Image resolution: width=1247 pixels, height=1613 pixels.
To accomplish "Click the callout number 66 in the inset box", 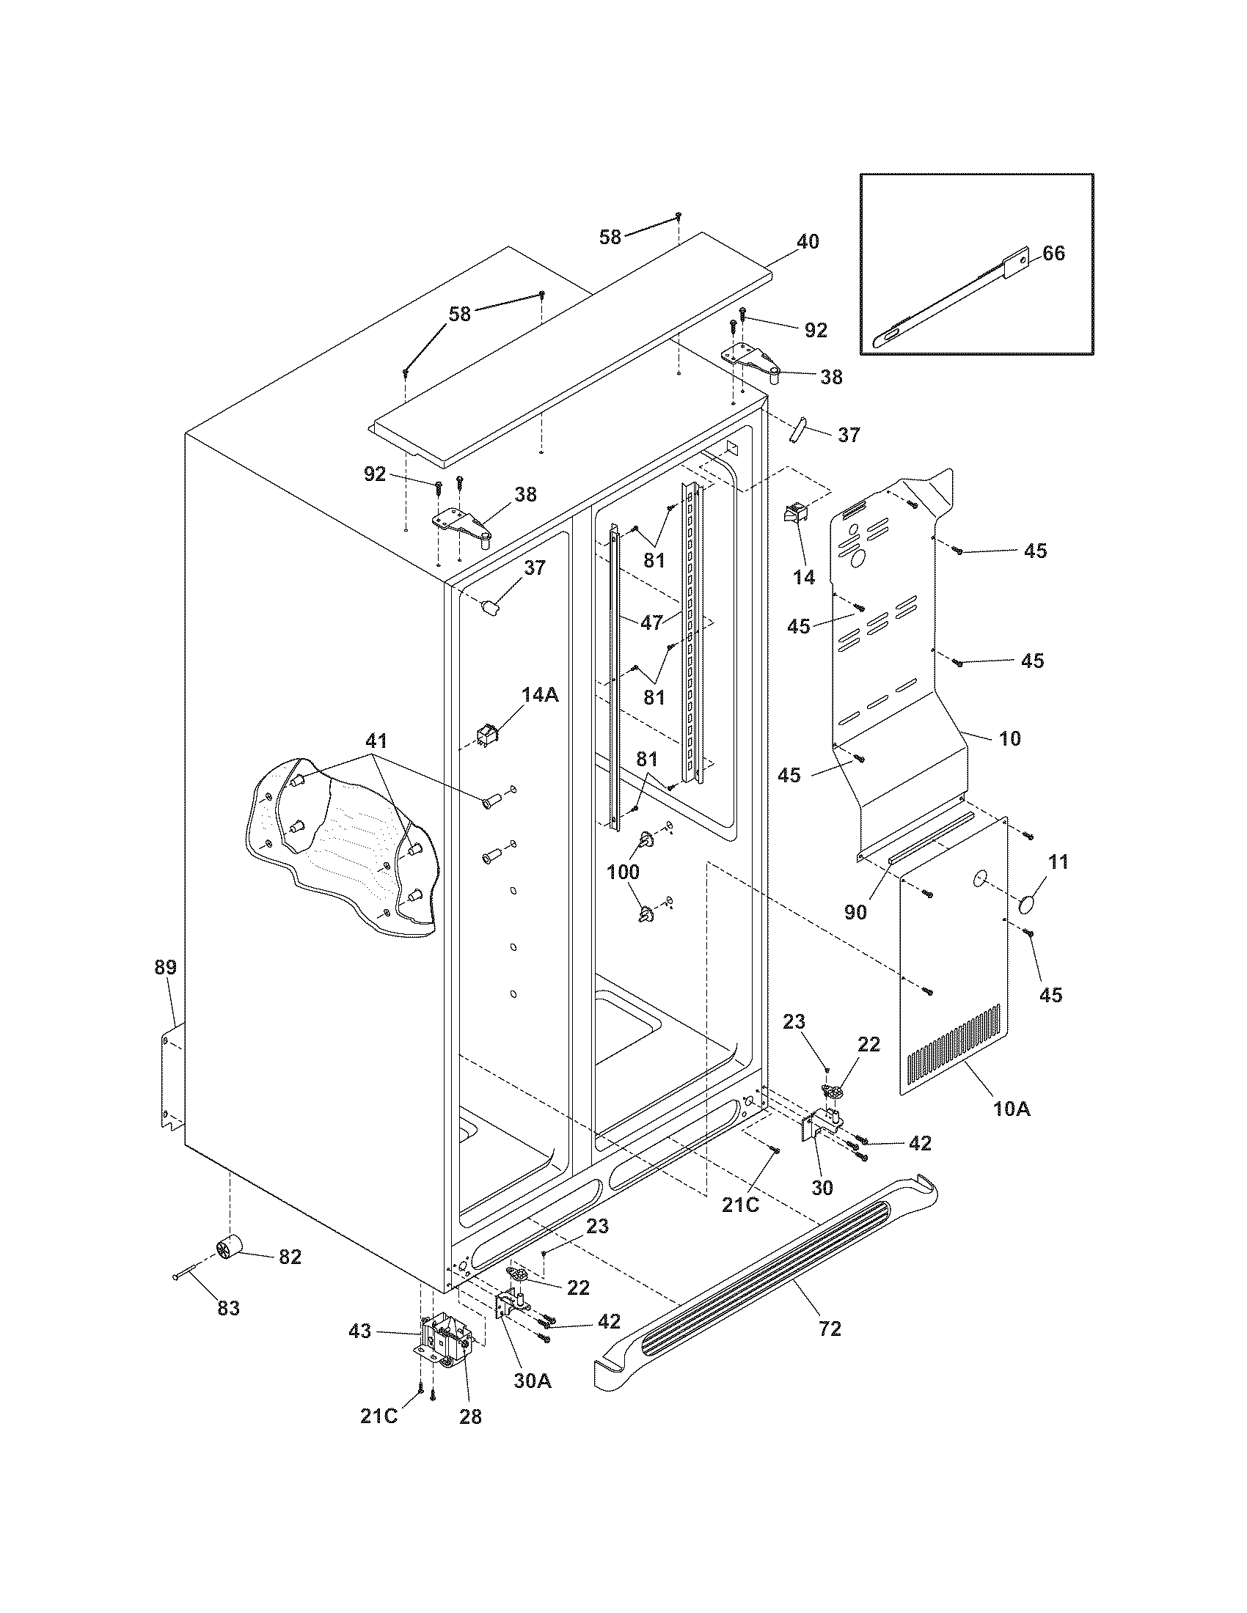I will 1053,254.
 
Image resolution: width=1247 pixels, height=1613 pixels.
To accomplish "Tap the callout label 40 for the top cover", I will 808,241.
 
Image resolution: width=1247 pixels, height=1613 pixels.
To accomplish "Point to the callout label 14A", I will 540,694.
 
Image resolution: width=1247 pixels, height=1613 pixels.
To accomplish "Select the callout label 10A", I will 1012,1129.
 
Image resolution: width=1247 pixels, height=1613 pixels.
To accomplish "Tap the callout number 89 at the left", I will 166,967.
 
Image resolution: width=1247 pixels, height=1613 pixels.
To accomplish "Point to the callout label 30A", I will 533,1380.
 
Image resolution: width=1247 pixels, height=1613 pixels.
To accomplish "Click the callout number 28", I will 470,1417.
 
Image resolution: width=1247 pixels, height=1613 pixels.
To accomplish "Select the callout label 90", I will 855,912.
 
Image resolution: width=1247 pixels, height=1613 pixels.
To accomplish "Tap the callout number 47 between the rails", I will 651,622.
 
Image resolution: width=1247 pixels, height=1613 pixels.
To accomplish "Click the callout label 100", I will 623,872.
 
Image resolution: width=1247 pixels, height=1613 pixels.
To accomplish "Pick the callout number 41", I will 377,740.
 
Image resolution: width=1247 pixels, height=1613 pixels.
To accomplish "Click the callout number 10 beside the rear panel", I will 1009,738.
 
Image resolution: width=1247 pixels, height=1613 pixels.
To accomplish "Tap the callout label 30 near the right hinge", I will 822,1187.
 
